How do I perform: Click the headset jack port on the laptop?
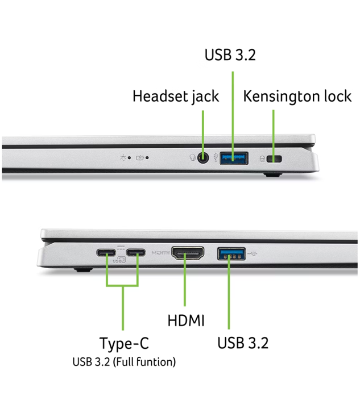coord(203,159)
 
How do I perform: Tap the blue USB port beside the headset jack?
coord(234,159)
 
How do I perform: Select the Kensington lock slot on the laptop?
coord(274,159)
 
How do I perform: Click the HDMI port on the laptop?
coord(188,253)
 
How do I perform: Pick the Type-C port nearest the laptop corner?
coord(106,253)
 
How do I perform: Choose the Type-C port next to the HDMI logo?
coord(136,253)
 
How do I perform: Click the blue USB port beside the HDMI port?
coord(231,254)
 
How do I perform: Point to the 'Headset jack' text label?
coord(176,96)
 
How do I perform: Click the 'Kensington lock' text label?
coord(297,96)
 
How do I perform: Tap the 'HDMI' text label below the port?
coord(186,320)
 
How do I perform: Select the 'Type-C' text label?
coord(125,343)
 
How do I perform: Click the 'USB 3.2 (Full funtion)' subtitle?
coord(124,362)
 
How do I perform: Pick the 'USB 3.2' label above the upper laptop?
coord(230,55)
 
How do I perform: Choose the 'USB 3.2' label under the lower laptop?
coord(243,343)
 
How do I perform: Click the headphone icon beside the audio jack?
coord(193,158)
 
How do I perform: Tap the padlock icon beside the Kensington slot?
coord(262,159)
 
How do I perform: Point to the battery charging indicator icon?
coord(140,158)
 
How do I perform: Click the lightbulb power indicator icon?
coord(123,158)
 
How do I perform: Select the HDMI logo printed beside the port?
coord(160,253)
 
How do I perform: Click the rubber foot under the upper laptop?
coord(273,174)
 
